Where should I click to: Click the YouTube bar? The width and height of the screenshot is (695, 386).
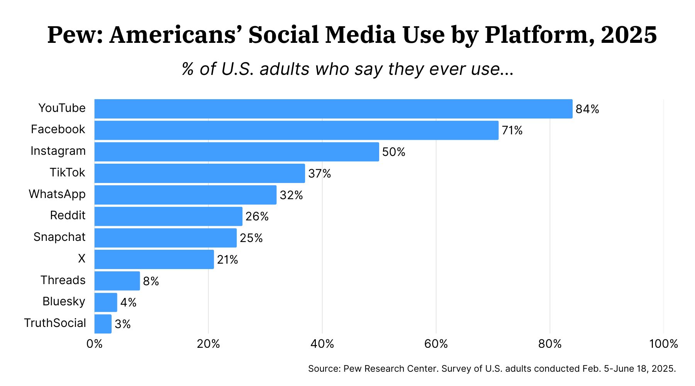[333, 109]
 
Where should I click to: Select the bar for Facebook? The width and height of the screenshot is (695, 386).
[296, 130]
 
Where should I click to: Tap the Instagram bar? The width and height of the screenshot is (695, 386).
[236, 152]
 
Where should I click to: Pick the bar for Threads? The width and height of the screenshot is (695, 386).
[117, 281]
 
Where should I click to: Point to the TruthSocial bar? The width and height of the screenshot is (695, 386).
[103, 324]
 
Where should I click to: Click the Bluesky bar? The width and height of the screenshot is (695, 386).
[105, 302]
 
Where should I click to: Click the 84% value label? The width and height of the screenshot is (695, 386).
[587, 109]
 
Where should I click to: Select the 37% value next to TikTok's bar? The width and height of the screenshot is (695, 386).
[319, 174]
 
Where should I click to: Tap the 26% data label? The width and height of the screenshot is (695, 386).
[257, 217]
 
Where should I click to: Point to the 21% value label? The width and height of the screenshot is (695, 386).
[227, 260]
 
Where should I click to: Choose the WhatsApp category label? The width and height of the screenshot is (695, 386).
[57, 194]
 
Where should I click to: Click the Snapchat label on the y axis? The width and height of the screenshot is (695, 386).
[59, 237]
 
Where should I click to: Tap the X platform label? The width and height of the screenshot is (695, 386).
[81, 259]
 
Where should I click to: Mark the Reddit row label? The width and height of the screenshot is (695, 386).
[68, 215]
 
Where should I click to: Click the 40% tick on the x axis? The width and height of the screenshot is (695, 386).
[322, 344]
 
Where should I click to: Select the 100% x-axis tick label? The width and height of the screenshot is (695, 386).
[663, 344]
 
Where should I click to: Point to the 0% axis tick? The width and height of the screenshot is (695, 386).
[95, 344]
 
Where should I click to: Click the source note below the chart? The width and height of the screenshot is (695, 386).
[492, 369]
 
